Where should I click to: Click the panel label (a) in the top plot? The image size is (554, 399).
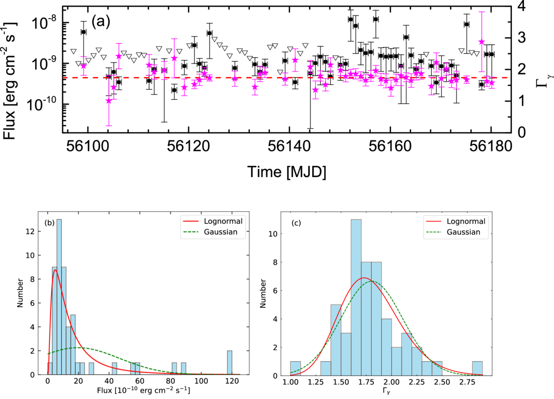101,21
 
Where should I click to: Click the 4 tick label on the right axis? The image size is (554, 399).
522,6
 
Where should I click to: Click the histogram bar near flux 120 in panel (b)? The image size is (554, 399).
230,363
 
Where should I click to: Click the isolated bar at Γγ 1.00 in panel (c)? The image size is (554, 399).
295,368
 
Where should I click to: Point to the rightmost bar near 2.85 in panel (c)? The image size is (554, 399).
477,368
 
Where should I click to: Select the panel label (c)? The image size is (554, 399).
296,223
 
